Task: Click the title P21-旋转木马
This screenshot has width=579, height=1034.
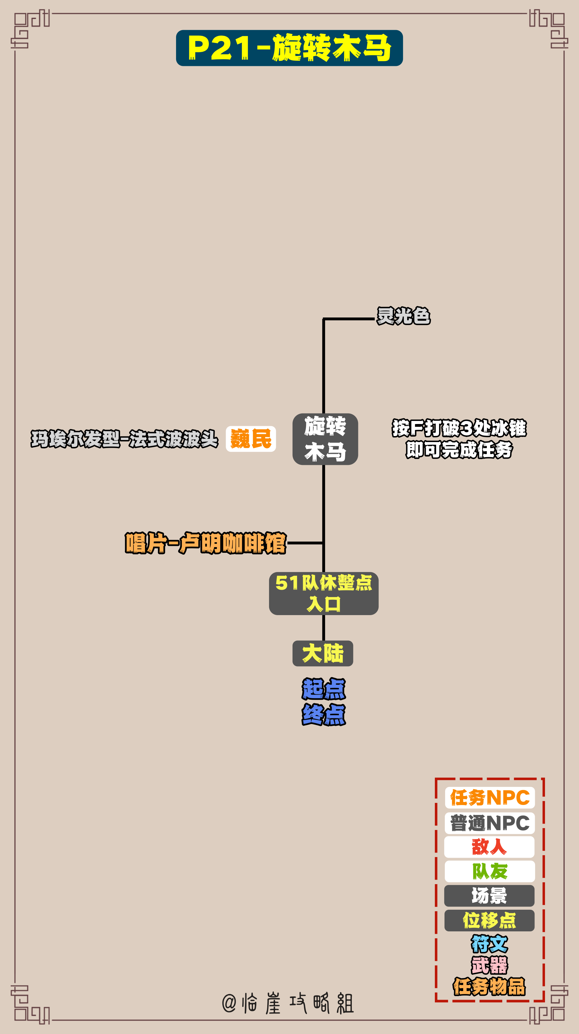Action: [289, 48]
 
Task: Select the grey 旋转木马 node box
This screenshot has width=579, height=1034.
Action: [325, 439]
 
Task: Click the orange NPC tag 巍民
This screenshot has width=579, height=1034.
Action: [251, 439]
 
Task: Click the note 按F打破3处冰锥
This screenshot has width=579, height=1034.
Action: [459, 428]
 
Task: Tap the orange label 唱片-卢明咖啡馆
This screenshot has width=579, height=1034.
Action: [206, 543]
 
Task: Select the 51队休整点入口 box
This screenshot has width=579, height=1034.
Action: [324, 593]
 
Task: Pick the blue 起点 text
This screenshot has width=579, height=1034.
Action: [324, 689]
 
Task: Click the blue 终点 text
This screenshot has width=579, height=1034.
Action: [324, 714]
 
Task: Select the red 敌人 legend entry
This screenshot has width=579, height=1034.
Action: [489, 847]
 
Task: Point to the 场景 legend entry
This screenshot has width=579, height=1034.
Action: [489, 896]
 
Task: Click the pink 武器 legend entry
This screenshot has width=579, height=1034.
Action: [489, 965]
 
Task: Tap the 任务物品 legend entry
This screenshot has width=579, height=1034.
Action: [489, 987]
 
